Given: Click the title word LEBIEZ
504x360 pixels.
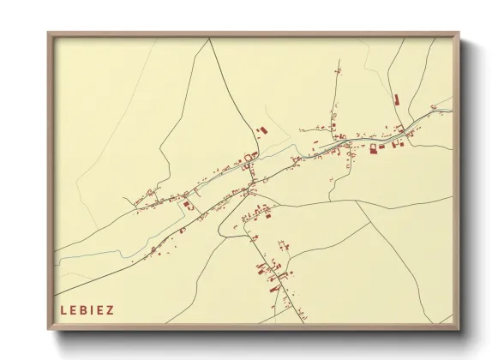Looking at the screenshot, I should [x=87, y=309].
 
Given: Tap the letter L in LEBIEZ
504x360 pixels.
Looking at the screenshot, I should [x=63, y=309].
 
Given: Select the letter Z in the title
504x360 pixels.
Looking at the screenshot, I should [x=110, y=309].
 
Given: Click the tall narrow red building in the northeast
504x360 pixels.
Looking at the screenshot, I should [x=396, y=101].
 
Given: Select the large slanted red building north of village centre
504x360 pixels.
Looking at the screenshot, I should [x=262, y=129].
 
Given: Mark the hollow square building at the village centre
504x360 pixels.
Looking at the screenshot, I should [x=250, y=157].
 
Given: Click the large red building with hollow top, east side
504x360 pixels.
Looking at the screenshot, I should [x=373, y=147].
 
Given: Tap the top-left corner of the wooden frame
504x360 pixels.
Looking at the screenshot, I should [x=50, y=34].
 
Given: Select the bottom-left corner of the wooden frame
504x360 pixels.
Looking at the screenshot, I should [x=50, y=329].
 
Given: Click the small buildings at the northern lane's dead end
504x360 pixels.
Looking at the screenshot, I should [x=338, y=68].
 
